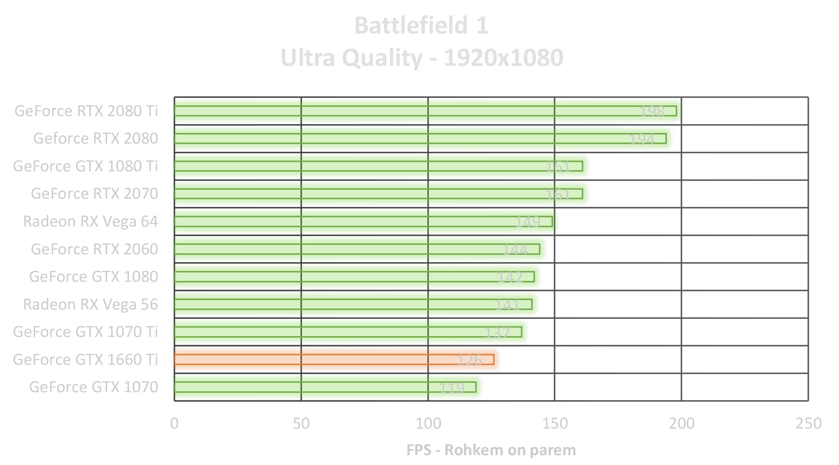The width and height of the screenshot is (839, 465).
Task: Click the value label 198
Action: coord(652,111)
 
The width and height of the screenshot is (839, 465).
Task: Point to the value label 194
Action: coord(642,139)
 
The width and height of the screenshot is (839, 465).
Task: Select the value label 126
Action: coord(469,360)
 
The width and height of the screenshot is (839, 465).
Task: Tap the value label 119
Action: coord(452,387)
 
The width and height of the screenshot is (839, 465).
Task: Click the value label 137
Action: coord(497,332)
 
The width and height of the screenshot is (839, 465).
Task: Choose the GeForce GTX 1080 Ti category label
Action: coord(85,166)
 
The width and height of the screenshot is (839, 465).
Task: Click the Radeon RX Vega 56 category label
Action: coord(90,304)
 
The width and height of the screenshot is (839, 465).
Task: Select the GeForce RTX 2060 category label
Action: coord(94,249)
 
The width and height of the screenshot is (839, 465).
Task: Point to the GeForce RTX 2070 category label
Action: coord(94,193)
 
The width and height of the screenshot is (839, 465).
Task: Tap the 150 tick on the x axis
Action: coord(555,424)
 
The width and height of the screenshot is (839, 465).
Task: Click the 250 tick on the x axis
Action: coord(808,424)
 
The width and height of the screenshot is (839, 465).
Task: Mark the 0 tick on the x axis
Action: coord(175,424)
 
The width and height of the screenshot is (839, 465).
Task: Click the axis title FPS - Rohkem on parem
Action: coord(491,450)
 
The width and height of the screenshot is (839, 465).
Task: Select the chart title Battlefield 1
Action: coord(421,25)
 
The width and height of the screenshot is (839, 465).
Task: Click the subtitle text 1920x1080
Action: coord(503,58)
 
